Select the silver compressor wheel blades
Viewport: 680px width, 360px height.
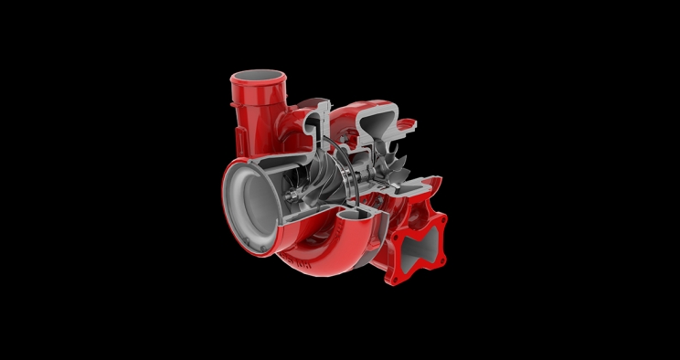(316, 182)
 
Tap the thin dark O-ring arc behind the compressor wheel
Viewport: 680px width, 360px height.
(340, 164)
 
